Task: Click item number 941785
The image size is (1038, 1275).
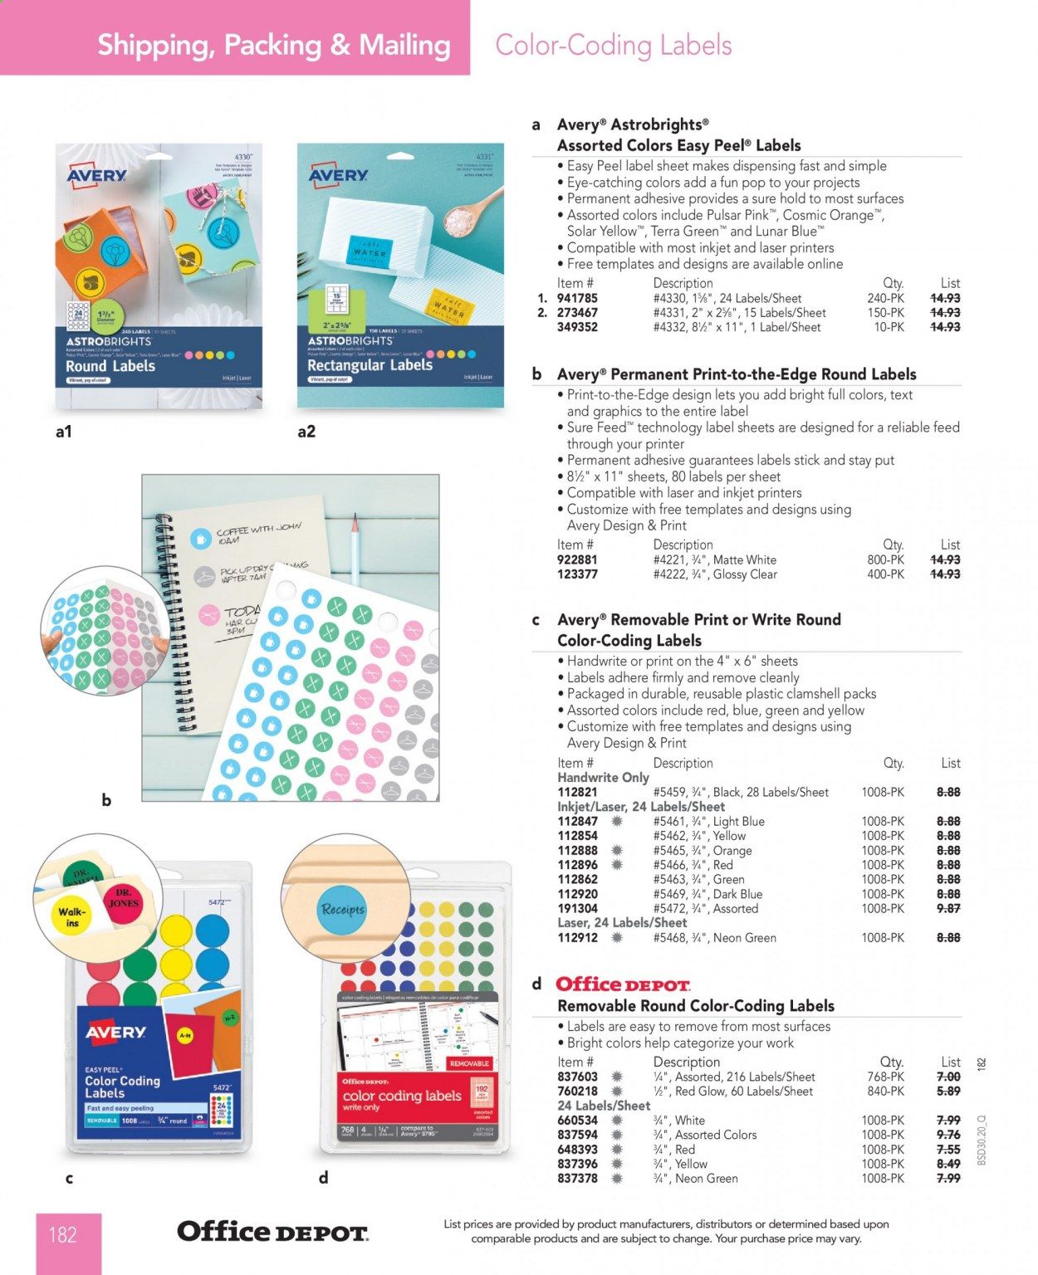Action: tap(577, 298)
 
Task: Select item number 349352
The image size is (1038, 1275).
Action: tap(577, 327)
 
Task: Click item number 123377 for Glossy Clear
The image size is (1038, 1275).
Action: tap(577, 574)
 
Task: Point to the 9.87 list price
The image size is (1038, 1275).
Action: tap(947, 908)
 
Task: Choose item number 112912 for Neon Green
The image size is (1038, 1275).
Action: tap(577, 937)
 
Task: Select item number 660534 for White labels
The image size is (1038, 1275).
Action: tap(577, 1120)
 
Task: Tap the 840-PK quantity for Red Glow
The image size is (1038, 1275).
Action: tap(883, 1091)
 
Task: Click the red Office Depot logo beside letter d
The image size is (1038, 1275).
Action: tap(623, 984)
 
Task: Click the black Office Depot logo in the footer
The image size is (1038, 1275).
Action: tap(272, 1232)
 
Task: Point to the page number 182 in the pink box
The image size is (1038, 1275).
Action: tap(62, 1235)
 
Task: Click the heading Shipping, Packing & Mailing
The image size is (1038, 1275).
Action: tap(274, 45)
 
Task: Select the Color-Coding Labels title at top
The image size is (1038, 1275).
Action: tap(613, 45)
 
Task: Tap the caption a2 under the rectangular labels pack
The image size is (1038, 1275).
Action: tap(306, 432)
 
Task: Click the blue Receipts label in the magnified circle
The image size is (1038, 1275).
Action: tap(342, 909)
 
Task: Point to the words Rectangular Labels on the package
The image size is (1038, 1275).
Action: tap(370, 365)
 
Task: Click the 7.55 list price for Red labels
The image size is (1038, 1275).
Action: tap(947, 1149)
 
